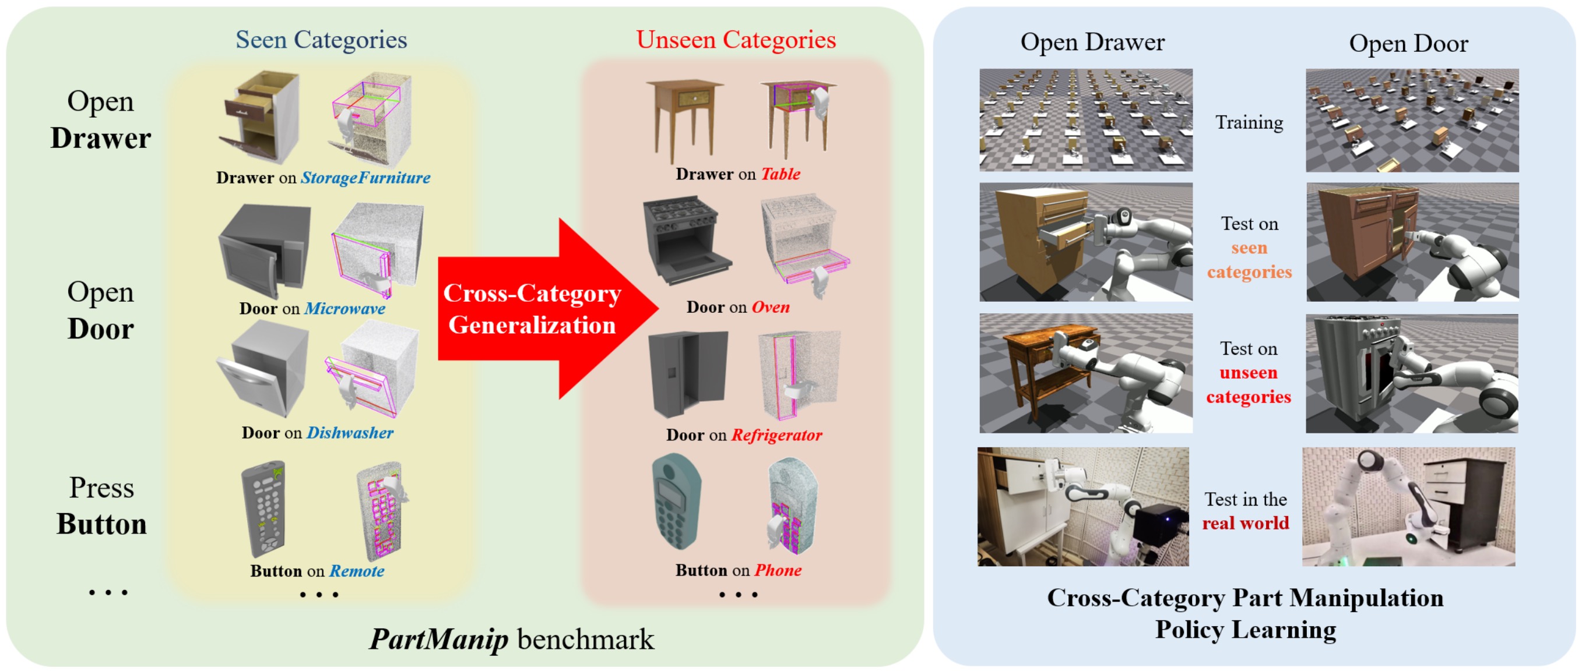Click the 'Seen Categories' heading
click(x=321, y=41)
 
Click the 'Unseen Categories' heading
click(x=735, y=41)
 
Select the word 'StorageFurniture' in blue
click(x=365, y=178)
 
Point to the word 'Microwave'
click(x=344, y=308)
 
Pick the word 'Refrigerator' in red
click(x=776, y=435)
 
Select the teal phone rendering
click(x=676, y=502)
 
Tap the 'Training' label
click(x=1249, y=123)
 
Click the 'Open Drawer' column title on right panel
click(x=1092, y=43)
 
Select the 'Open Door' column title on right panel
click(x=1408, y=44)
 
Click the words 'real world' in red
click(x=1245, y=523)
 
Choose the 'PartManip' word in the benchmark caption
click(x=438, y=639)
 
